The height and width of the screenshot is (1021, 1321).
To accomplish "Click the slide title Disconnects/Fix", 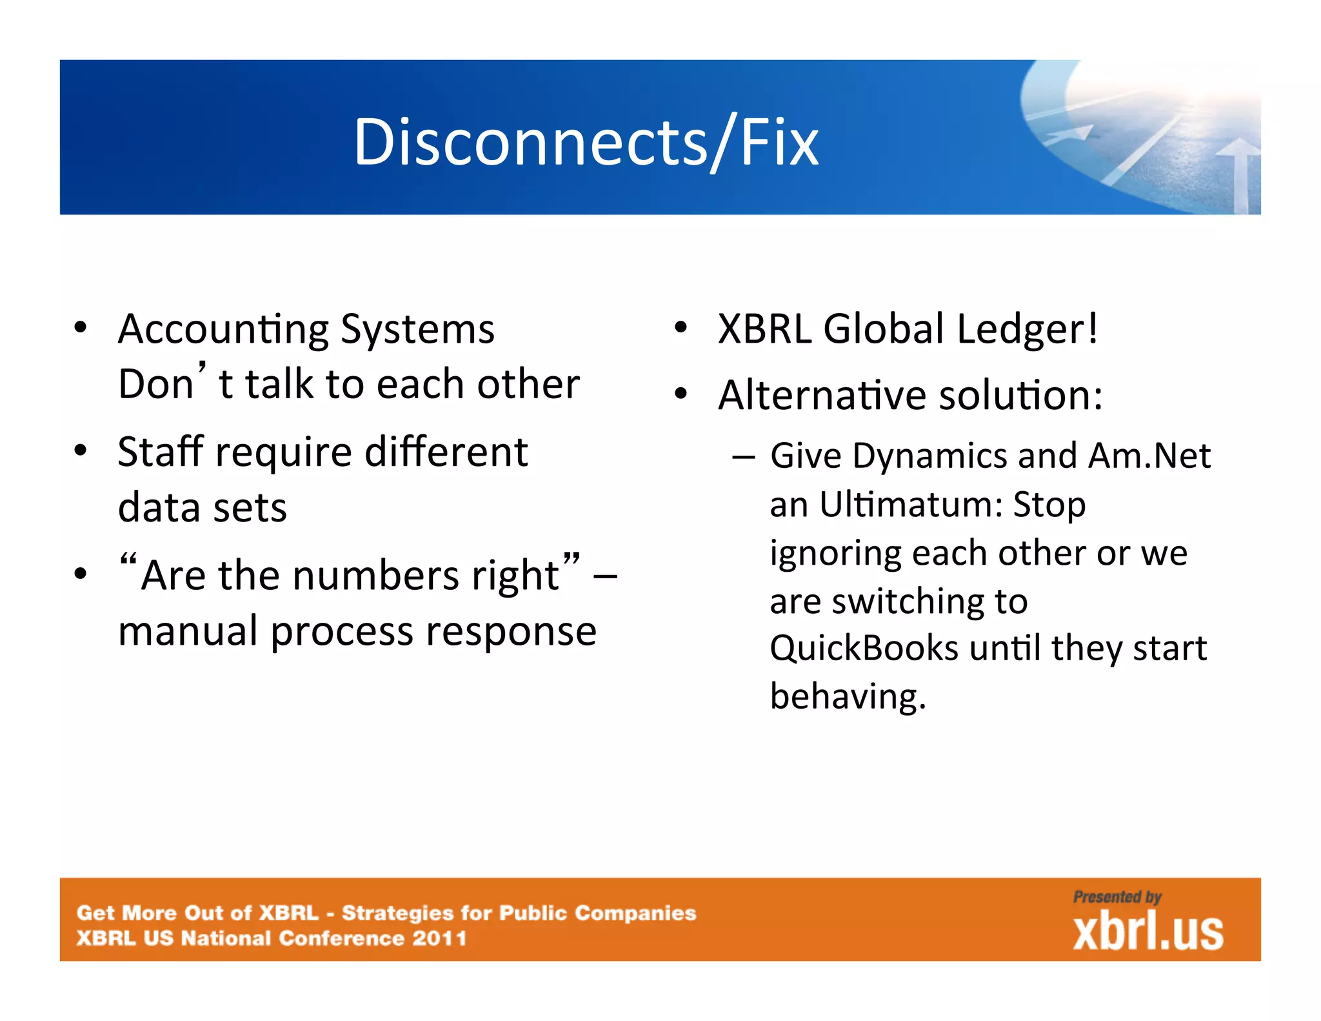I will [586, 142].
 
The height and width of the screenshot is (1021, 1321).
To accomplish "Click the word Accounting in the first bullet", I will [223, 330].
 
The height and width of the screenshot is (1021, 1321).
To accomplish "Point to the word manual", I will [188, 631].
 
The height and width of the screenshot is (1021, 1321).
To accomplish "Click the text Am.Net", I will [1149, 456].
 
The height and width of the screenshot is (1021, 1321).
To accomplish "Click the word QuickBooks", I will [864, 648].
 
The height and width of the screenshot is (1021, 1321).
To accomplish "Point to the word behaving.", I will [847, 697].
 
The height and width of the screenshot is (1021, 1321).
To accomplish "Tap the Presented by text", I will [1117, 897].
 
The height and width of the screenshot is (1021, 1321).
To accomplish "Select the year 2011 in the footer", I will [439, 938].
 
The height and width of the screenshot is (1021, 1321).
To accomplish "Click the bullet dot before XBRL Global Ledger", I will [680, 328].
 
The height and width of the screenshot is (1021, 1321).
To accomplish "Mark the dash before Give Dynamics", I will [743, 457].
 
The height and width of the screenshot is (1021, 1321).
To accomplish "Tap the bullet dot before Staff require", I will [80, 450].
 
